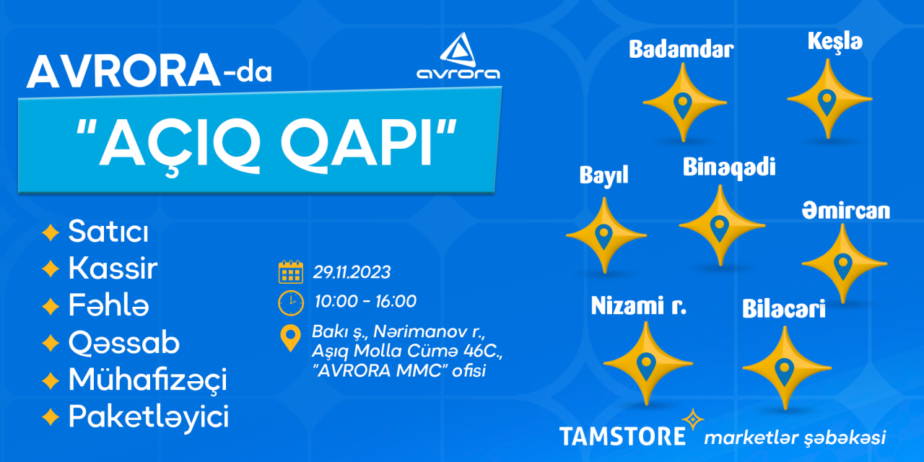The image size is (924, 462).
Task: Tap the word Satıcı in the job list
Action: [108, 232]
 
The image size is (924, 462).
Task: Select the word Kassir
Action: [113, 268]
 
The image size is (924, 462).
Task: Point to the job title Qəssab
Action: [123, 342]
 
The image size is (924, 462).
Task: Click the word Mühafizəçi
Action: [148, 380]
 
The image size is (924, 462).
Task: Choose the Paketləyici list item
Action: [149, 417]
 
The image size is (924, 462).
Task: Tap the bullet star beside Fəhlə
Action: [51, 307]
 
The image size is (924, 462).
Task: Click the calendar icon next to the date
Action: [291, 272]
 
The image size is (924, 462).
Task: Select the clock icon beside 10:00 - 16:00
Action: [291, 302]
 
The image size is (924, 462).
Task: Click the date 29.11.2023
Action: [352, 272]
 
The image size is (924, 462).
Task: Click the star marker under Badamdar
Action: [684, 103]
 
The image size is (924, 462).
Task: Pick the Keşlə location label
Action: [835, 42]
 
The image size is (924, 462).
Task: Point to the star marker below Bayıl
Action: [605, 235]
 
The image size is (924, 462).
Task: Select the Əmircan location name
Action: [845, 211]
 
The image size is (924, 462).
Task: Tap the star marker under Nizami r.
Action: [647, 363]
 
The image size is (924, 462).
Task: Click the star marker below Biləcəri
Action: [786, 367]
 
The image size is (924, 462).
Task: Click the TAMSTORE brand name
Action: [622, 437]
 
